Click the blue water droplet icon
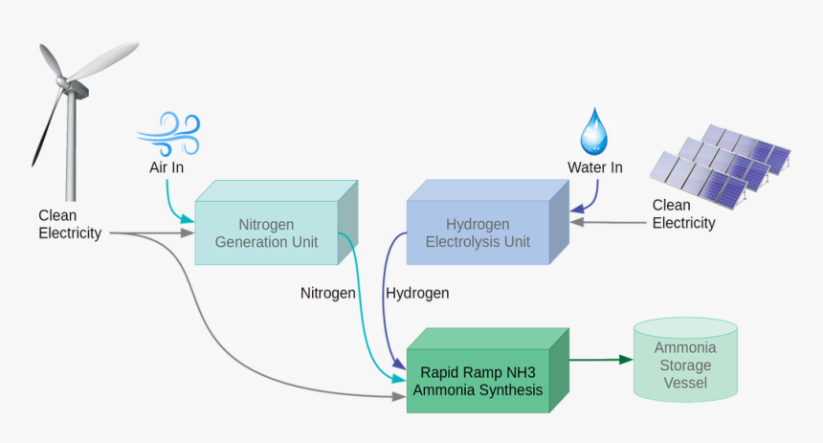[594, 131]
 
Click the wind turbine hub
[68, 84]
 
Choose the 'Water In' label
[595, 167]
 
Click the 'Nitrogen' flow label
[328, 293]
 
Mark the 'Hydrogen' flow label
[417, 293]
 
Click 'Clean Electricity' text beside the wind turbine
[70, 224]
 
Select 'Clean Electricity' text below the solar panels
[683, 214]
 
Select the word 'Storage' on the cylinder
[685, 365]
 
